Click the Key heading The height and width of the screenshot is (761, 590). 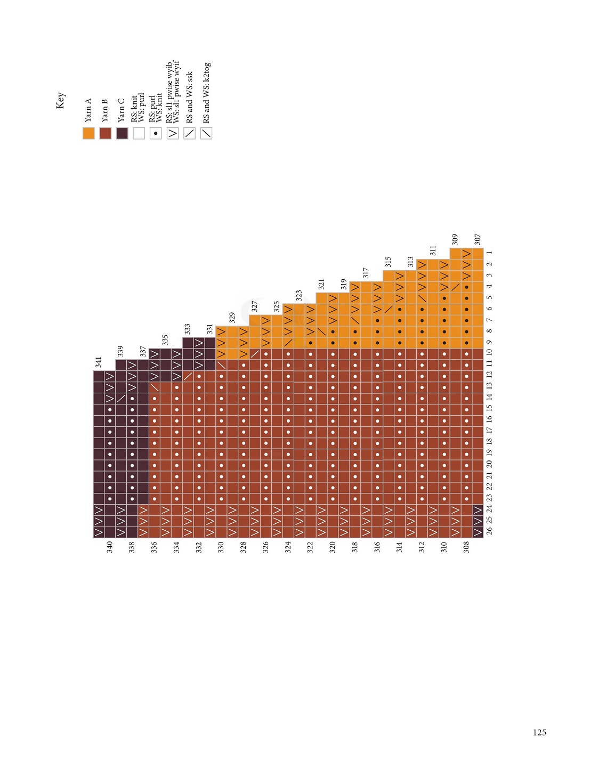61,100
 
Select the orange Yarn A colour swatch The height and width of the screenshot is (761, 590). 88,133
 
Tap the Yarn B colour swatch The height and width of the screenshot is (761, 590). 105,133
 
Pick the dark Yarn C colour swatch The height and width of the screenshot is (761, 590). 122,133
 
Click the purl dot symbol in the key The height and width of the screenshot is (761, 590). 156,133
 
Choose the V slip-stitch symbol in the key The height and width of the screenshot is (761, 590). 173,133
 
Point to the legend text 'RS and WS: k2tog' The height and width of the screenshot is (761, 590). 207,93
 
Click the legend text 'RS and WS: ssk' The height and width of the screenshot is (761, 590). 190,98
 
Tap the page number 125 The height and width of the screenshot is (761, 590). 539,733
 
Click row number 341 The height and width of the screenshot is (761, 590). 98,362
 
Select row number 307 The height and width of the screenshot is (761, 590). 478,239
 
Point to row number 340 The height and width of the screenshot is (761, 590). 110,547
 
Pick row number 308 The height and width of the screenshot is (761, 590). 466,547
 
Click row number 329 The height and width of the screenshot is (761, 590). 232,318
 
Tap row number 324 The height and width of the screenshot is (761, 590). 288,547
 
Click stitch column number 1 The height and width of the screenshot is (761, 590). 489,253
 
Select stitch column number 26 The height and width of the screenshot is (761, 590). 489,531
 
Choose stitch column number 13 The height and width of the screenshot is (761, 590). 489,386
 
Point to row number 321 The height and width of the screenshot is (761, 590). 321,284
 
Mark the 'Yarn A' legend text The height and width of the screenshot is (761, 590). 88,110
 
